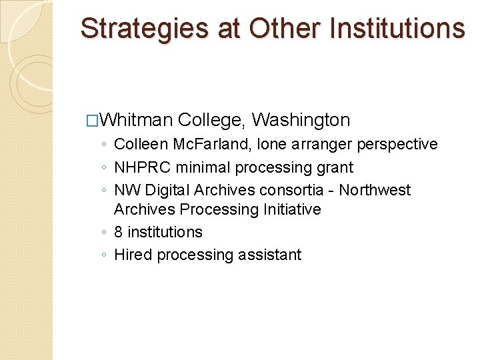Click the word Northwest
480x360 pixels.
pos(375,190)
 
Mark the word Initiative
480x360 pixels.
pos(291,209)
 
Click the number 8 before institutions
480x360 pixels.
pos(119,232)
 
